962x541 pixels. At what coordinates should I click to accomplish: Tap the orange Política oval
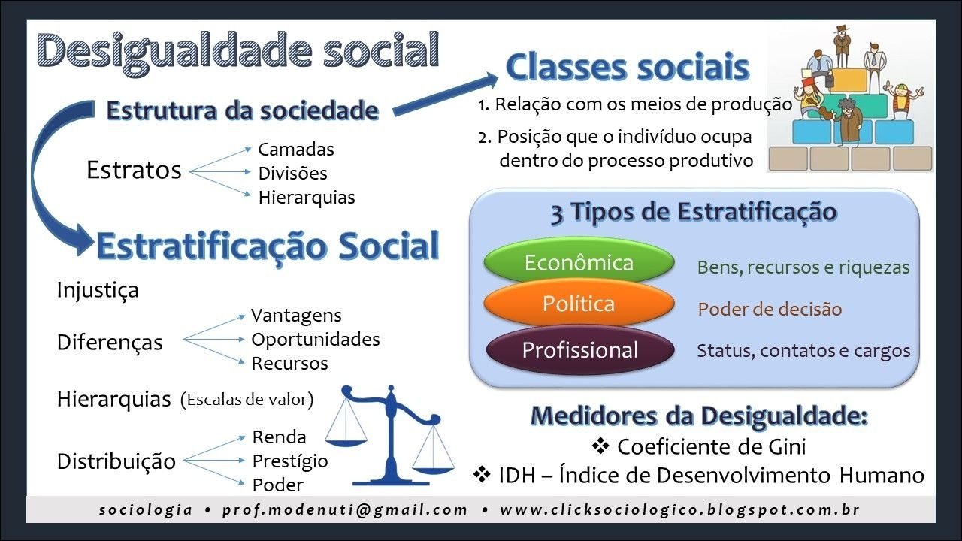[579, 304]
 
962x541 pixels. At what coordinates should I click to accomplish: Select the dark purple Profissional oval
[579, 349]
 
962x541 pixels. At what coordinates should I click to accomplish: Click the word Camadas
[296, 150]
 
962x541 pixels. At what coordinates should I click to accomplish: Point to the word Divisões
[292, 174]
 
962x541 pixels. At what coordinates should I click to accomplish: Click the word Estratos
[134, 170]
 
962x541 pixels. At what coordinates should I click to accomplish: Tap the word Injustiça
[98, 290]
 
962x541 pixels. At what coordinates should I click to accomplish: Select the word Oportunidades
[316, 340]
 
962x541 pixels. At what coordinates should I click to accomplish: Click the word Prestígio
[290, 461]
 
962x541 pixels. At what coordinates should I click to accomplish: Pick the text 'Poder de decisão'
[770, 309]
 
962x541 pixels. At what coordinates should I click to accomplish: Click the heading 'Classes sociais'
[628, 67]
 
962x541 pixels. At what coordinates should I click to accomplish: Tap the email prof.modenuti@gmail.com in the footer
[345, 509]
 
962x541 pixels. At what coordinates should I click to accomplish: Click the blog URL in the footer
[679, 509]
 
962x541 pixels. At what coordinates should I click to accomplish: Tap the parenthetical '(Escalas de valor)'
[247, 400]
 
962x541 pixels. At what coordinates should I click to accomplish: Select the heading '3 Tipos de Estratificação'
[694, 212]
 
